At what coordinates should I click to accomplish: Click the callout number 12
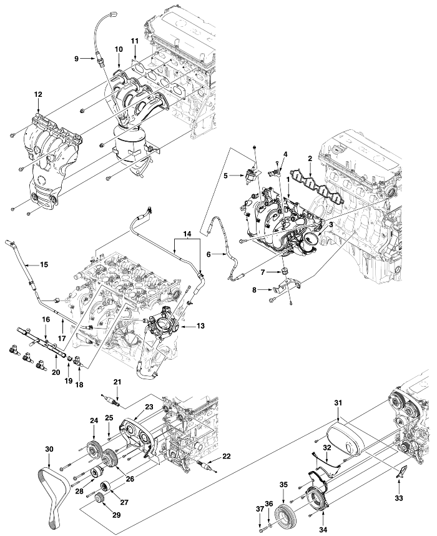click(38, 94)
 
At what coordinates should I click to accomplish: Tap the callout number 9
click(77, 59)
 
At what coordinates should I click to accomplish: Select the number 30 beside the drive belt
click(49, 450)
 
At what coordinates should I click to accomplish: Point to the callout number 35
click(283, 485)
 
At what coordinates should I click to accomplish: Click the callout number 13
click(200, 326)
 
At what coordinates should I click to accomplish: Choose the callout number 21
click(117, 382)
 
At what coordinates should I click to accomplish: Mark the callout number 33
click(399, 498)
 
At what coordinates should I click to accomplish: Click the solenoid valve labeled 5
click(251, 175)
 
